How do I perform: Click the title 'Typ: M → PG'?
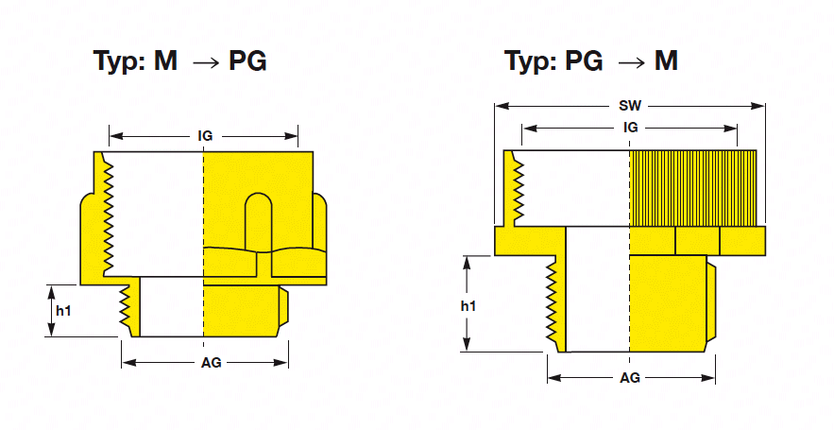click(179, 61)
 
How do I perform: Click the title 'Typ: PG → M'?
click(591, 61)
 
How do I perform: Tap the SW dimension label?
click(629, 106)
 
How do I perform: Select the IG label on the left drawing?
click(204, 136)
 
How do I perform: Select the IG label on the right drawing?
click(629, 128)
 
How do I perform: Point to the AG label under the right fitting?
click(629, 377)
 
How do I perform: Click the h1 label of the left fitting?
click(62, 310)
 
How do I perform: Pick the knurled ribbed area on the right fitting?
click(694, 188)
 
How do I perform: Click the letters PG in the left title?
click(247, 61)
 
